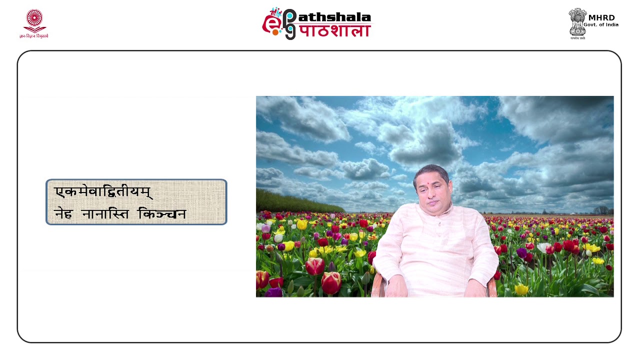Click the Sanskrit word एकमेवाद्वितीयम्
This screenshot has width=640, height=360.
tap(103, 192)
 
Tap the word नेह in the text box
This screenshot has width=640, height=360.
tap(64, 214)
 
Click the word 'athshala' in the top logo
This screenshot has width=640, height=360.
tap(334, 17)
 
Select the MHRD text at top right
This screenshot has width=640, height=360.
tap(601, 17)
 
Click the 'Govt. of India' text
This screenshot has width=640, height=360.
tap(601, 25)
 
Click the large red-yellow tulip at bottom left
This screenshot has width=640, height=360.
tap(331, 282)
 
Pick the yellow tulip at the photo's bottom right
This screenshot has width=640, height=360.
tap(521, 289)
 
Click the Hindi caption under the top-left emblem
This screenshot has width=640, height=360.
tap(34, 36)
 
